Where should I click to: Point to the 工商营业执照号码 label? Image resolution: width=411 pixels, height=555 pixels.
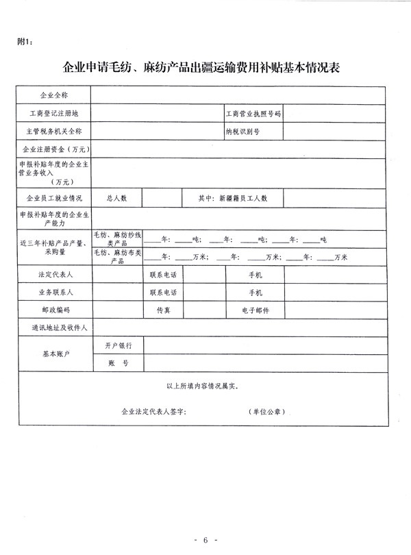pyautogui.click(x=253, y=112)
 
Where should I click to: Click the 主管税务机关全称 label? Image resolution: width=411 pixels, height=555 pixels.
pyautogui.click(x=53, y=130)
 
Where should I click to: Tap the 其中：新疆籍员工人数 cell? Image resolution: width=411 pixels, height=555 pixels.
pyautogui.click(x=232, y=198)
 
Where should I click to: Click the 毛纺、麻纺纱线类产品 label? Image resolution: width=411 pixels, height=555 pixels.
pyautogui.click(x=117, y=239)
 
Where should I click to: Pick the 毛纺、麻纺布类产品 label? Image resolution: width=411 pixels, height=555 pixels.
pyautogui.click(x=117, y=257)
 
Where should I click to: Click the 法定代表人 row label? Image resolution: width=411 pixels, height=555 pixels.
pyautogui.click(x=53, y=274)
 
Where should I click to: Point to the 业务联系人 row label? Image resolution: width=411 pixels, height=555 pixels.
pyautogui.click(x=53, y=292)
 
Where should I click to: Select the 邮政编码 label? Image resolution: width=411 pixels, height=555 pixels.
pyautogui.click(x=53, y=310)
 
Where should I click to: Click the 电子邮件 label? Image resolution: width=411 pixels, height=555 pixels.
pyautogui.click(x=255, y=310)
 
